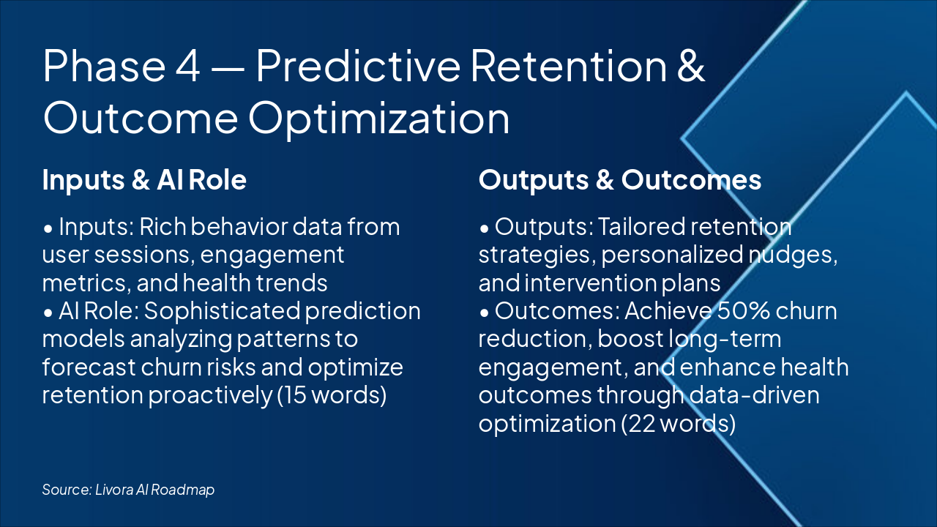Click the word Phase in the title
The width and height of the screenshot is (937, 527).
pyautogui.click(x=105, y=65)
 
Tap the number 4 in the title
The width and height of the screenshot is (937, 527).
pyautogui.click(x=188, y=66)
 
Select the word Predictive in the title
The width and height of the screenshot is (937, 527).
pyautogui.click(x=359, y=65)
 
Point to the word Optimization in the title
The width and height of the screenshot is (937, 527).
pyautogui.click(x=379, y=118)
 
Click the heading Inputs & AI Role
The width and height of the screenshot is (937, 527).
pyautogui.click(x=144, y=180)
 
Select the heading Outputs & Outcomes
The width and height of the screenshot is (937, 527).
pyautogui.click(x=620, y=180)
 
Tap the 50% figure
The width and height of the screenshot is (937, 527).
pyautogui.click(x=743, y=311)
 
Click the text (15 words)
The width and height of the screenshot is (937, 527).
pyautogui.click(x=332, y=395)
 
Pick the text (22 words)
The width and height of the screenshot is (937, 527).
pyautogui.click(x=678, y=424)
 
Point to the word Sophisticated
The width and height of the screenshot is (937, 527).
pyautogui.click(x=222, y=312)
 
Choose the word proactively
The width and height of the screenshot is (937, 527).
pyautogui.click(x=210, y=396)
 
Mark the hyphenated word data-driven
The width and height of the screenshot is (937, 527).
pyautogui.click(x=754, y=395)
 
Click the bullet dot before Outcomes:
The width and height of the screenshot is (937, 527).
pyautogui.click(x=484, y=313)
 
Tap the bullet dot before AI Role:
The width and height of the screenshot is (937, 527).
pyautogui.click(x=48, y=313)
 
